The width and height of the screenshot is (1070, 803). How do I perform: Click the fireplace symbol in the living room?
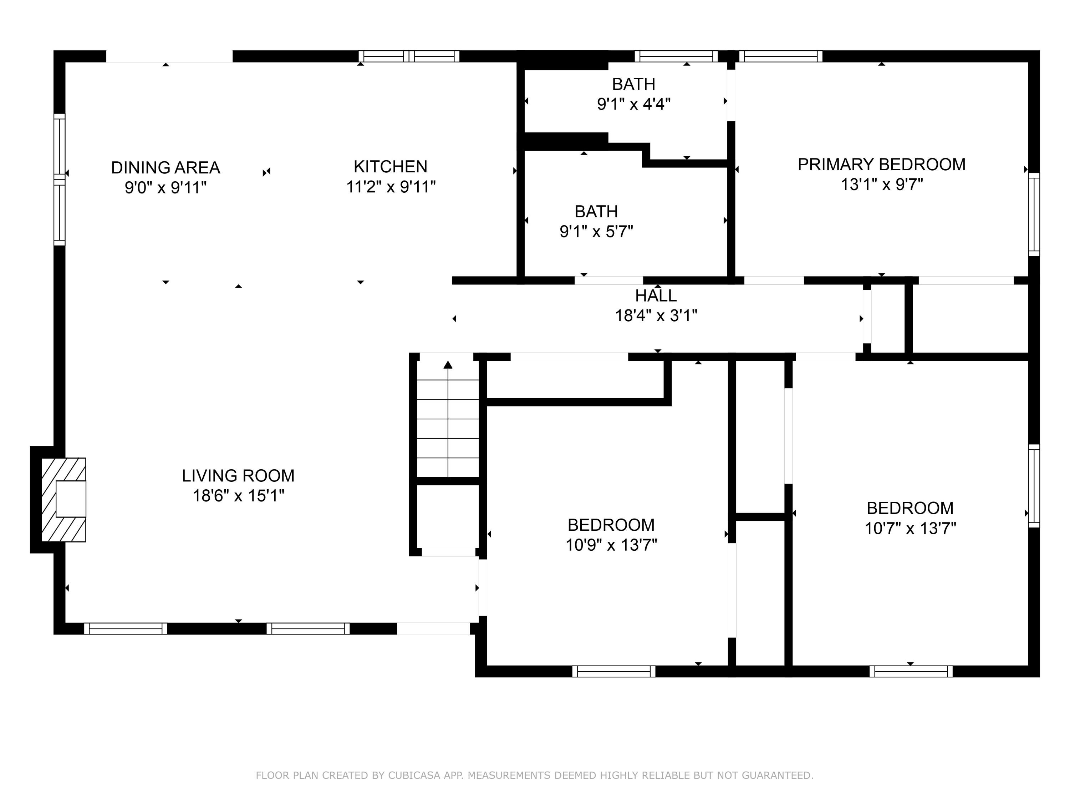tap(63, 500)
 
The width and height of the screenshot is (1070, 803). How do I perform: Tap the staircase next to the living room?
tap(448, 419)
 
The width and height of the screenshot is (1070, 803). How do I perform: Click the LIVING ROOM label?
tap(238, 476)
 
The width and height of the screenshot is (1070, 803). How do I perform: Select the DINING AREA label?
tap(165, 167)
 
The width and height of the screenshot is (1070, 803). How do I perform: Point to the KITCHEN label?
tap(390, 167)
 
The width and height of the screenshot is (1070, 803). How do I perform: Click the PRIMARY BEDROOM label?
tap(881, 165)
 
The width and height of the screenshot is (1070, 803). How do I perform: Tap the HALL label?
tap(656, 295)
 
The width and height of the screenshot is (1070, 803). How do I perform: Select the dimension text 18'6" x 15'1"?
tap(239, 496)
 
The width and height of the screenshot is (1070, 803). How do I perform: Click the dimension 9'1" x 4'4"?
tap(634, 104)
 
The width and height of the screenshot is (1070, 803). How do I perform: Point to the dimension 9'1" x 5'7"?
tap(596, 231)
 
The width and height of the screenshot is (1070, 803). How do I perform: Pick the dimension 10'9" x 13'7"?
tap(611, 545)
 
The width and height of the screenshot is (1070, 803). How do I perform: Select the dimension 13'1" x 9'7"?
tap(882, 185)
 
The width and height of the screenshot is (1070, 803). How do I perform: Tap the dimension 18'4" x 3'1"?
tap(656, 315)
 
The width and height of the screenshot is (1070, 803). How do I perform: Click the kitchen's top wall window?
tap(409, 56)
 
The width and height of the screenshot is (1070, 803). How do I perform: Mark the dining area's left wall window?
tap(59, 180)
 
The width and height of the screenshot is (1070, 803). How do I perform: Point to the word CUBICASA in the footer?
tap(414, 776)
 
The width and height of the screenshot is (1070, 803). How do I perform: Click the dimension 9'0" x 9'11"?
tap(165, 187)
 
